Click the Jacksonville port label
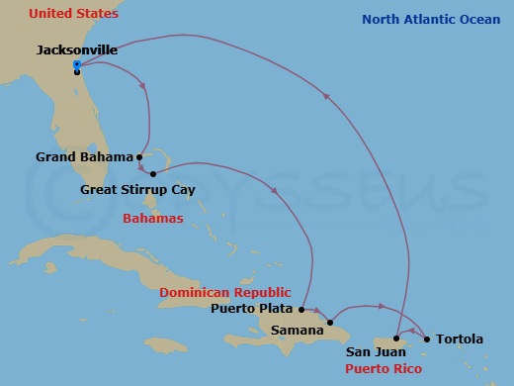coord(76,49)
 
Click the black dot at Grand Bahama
coord(140,156)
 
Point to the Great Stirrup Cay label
coord(136,189)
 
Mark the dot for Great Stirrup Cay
coord(152,174)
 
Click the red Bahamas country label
coord(152,218)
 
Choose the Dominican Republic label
coord(225,292)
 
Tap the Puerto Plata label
coord(252,308)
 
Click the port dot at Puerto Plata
coord(301,309)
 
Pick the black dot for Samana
coord(331,322)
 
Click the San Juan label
coord(374,351)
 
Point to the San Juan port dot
coord(395,338)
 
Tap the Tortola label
coord(460,339)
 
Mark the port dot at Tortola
coord(427,338)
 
